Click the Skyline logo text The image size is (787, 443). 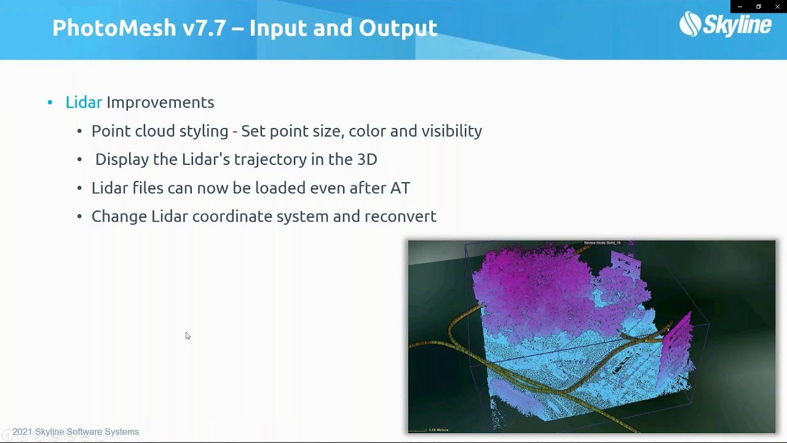(x=735, y=25)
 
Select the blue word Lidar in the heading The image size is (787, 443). (x=84, y=102)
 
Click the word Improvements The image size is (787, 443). (x=160, y=102)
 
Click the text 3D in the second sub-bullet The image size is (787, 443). (x=367, y=159)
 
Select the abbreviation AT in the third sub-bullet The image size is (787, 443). (x=400, y=188)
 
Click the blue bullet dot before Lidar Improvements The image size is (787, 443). (x=50, y=103)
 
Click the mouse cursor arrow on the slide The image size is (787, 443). (x=188, y=336)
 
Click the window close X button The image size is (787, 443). (x=777, y=6)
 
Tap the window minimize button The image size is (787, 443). (x=740, y=6)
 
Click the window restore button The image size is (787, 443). (x=759, y=6)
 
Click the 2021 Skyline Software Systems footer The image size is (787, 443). (x=76, y=432)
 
